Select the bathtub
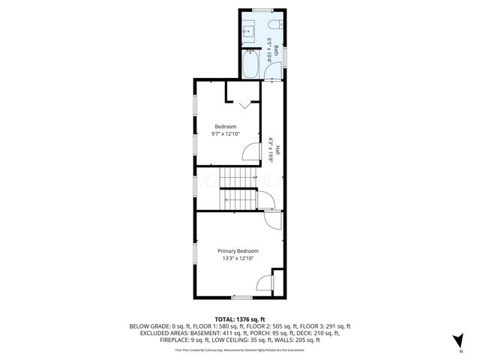point(250,64)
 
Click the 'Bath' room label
point(276,50)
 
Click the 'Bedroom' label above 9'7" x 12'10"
point(225,126)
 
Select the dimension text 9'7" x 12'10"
point(225,134)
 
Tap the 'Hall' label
point(277,149)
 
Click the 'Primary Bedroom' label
point(238,250)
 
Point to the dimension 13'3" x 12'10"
point(238,259)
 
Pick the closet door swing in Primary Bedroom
point(264,283)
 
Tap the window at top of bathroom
point(262,10)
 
